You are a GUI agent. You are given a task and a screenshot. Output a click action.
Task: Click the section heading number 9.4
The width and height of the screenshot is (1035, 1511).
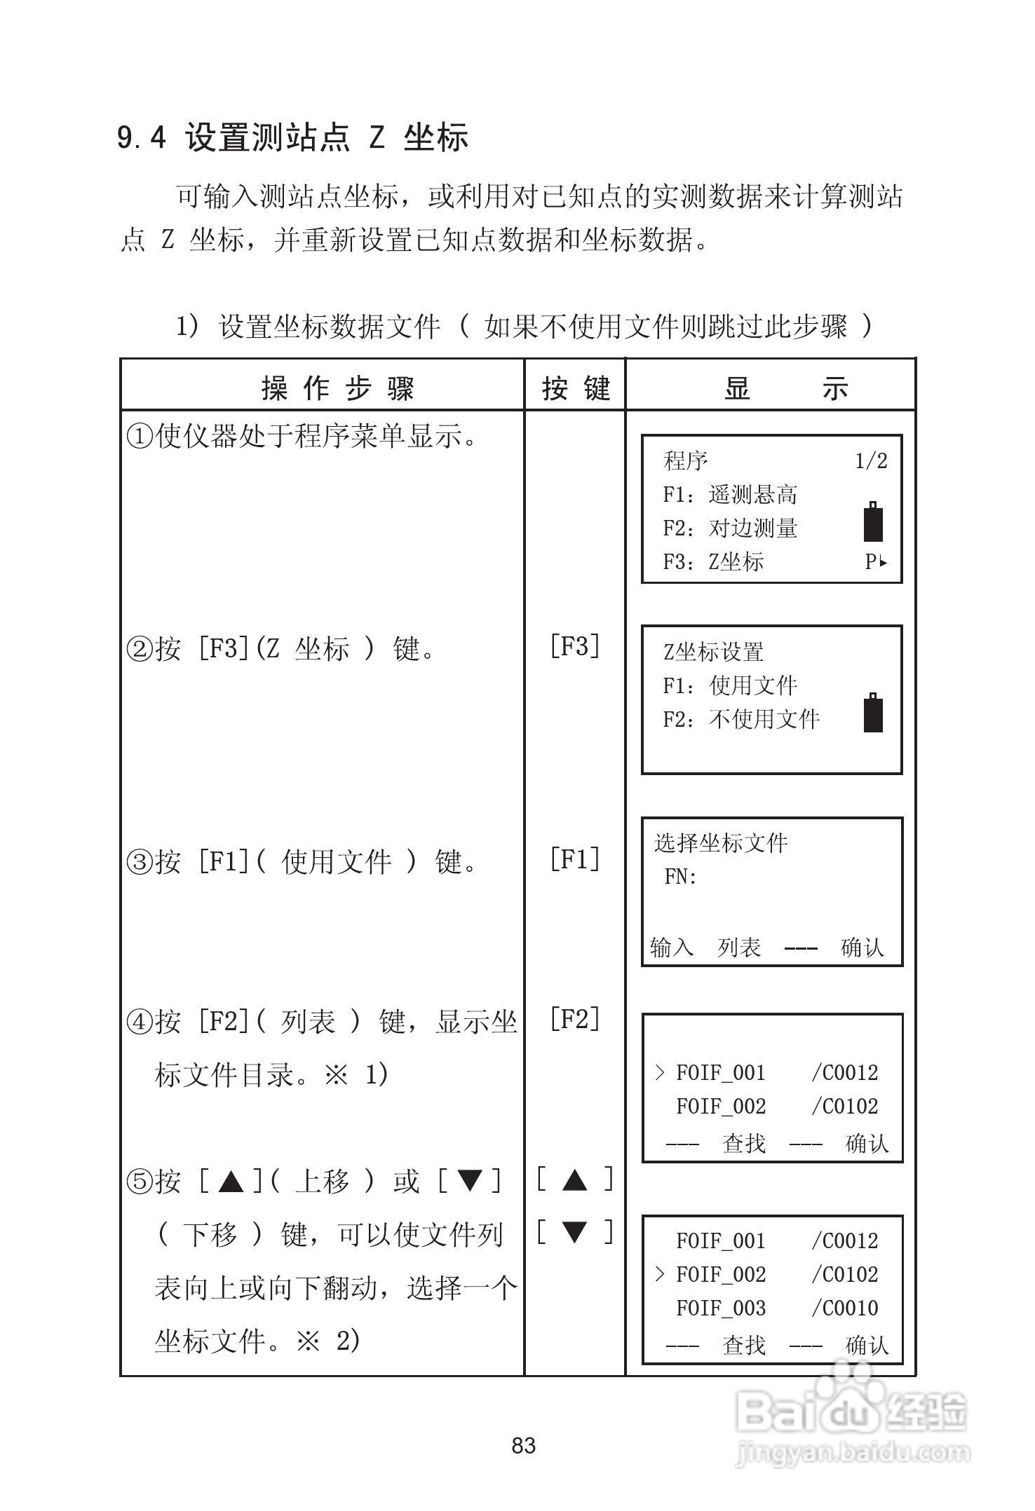click(142, 137)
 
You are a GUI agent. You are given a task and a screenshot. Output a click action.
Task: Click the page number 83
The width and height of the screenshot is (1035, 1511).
click(524, 1446)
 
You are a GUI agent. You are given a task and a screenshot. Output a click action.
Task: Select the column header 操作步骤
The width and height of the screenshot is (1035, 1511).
click(338, 388)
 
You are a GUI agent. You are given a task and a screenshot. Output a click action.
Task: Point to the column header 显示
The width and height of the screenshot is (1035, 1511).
click(787, 388)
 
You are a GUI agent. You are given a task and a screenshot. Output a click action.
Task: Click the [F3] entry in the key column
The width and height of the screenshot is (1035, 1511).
click(575, 646)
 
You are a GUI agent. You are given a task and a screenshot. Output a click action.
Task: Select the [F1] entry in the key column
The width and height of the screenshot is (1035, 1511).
click(575, 859)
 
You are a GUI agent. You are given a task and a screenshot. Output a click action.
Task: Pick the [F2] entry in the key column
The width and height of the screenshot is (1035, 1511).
click(575, 1020)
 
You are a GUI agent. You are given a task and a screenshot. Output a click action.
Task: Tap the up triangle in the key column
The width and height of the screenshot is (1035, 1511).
click(575, 1180)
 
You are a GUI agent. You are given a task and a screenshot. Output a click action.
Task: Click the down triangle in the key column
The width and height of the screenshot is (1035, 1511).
click(575, 1231)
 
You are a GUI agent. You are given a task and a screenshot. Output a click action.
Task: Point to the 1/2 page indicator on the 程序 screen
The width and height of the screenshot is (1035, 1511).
click(871, 461)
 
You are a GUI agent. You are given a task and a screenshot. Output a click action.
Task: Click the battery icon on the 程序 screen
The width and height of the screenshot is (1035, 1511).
click(873, 522)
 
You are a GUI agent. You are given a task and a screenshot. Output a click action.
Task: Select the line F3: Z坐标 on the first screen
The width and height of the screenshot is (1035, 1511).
click(713, 562)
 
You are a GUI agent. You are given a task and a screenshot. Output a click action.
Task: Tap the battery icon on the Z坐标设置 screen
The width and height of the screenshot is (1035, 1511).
click(873, 713)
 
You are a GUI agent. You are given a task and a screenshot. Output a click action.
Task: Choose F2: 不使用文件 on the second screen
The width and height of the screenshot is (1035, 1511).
click(741, 719)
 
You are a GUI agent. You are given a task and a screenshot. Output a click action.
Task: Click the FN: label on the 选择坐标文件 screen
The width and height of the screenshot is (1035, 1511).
click(680, 877)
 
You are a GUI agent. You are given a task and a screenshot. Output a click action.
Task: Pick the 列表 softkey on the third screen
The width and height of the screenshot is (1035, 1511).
click(739, 948)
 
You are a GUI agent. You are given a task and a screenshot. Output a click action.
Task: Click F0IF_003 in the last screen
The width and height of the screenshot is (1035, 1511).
click(721, 1308)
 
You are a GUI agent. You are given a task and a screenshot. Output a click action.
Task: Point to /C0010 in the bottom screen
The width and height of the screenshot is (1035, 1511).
click(845, 1308)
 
